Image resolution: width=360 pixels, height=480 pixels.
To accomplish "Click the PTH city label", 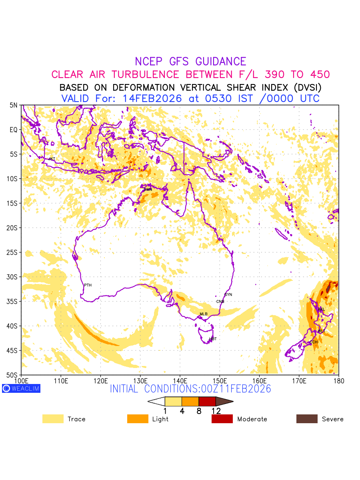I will coord(88,285).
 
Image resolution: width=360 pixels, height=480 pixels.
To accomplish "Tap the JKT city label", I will coord(52,159).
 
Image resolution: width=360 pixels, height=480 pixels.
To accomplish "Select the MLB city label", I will coord(204,314).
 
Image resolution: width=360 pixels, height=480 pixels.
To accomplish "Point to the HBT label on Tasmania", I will coord(213,339).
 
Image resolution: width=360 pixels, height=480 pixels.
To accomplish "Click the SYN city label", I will coord(228,295).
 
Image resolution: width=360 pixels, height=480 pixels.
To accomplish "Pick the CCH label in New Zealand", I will coord(314,342).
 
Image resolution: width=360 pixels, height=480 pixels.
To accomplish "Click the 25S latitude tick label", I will coord(14,252).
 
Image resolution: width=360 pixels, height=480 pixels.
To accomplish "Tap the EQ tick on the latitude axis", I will coord(14,130).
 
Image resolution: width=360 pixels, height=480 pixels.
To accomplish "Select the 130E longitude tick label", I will coord(140,380).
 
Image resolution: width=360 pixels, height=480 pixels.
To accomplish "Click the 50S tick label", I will coord(14,375).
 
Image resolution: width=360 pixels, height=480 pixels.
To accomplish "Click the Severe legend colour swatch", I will coord(307,419).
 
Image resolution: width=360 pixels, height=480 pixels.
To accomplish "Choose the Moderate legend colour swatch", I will coord(222,419).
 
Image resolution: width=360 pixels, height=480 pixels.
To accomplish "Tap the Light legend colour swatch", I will coord(138,419).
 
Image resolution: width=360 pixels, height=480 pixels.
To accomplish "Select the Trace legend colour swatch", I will coord(53,419).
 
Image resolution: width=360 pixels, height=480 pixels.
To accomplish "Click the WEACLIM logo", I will coord(21,388).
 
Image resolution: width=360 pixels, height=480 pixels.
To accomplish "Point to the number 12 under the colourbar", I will coord(216,411).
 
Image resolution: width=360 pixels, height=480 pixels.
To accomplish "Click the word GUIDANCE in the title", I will coord(221,62).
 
